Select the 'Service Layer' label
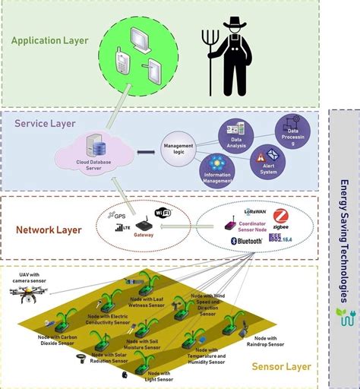pos(46,122)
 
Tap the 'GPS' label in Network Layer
pos(120,216)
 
